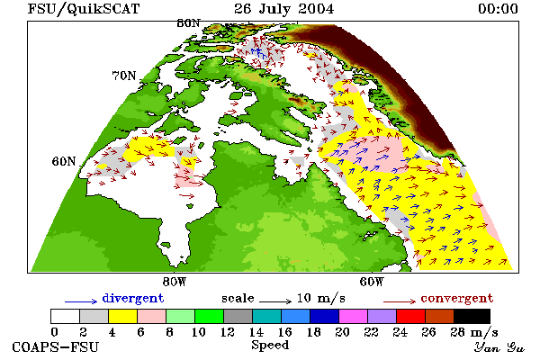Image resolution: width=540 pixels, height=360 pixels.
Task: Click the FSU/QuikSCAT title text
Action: click(x=84, y=9)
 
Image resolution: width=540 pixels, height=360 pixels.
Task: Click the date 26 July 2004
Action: click(x=284, y=9)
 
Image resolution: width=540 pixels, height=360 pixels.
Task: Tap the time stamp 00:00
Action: click(x=498, y=9)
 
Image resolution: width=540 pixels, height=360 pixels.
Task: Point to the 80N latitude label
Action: click(x=188, y=23)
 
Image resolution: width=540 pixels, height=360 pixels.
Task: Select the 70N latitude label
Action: click(x=124, y=76)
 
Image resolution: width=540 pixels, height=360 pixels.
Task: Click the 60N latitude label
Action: click(x=64, y=161)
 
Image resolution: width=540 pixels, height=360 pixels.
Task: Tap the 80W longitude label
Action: click(x=175, y=282)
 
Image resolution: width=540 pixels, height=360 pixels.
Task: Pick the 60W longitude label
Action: click(x=372, y=282)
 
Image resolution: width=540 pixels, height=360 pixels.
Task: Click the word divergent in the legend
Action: click(x=133, y=298)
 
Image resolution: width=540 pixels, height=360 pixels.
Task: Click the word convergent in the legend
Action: click(x=457, y=298)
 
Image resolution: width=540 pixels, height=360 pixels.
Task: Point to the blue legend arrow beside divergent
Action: click(x=81, y=301)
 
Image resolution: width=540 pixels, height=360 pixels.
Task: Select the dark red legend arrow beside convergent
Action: click(x=400, y=301)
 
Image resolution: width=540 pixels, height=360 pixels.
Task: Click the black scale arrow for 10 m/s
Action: click(x=275, y=301)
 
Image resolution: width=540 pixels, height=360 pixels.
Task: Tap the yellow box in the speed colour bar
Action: click(x=122, y=316)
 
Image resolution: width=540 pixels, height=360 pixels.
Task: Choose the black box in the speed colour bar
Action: click(x=472, y=316)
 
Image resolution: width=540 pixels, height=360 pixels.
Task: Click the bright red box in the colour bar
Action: click(x=411, y=316)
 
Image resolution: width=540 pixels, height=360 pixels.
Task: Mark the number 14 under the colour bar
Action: click(x=256, y=332)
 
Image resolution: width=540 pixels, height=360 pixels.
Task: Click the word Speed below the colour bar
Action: click(x=270, y=346)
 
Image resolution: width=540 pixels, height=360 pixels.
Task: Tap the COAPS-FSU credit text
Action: click(x=56, y=346)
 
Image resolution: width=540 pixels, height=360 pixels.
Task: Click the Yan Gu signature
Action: click(x=499, y=347)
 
